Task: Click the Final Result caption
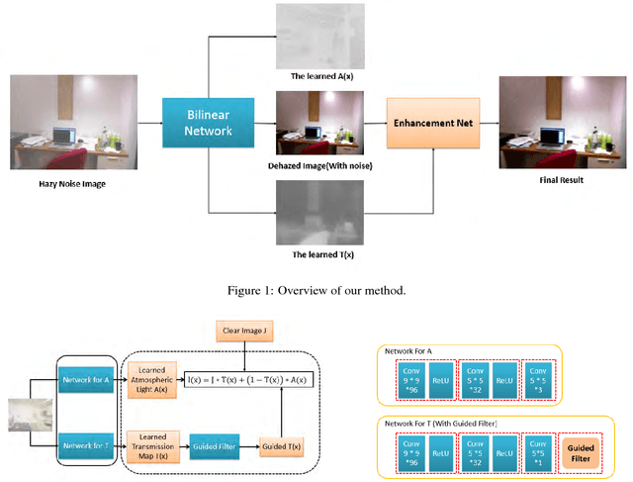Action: [561, 180]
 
